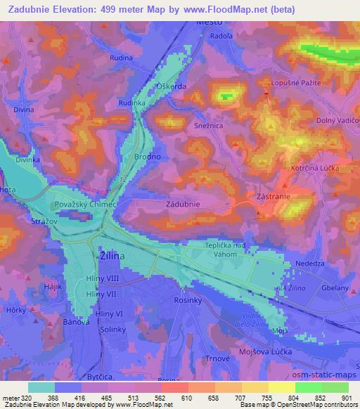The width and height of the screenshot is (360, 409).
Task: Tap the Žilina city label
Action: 110,257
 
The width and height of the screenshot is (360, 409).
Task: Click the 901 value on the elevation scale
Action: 344,397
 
